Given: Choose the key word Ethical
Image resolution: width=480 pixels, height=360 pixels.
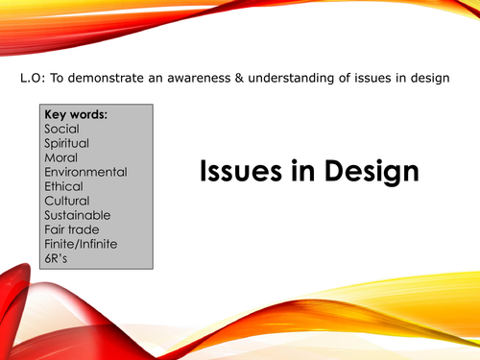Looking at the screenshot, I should click(63, 187).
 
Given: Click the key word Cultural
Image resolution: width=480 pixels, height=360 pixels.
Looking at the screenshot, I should click(66, 201).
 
